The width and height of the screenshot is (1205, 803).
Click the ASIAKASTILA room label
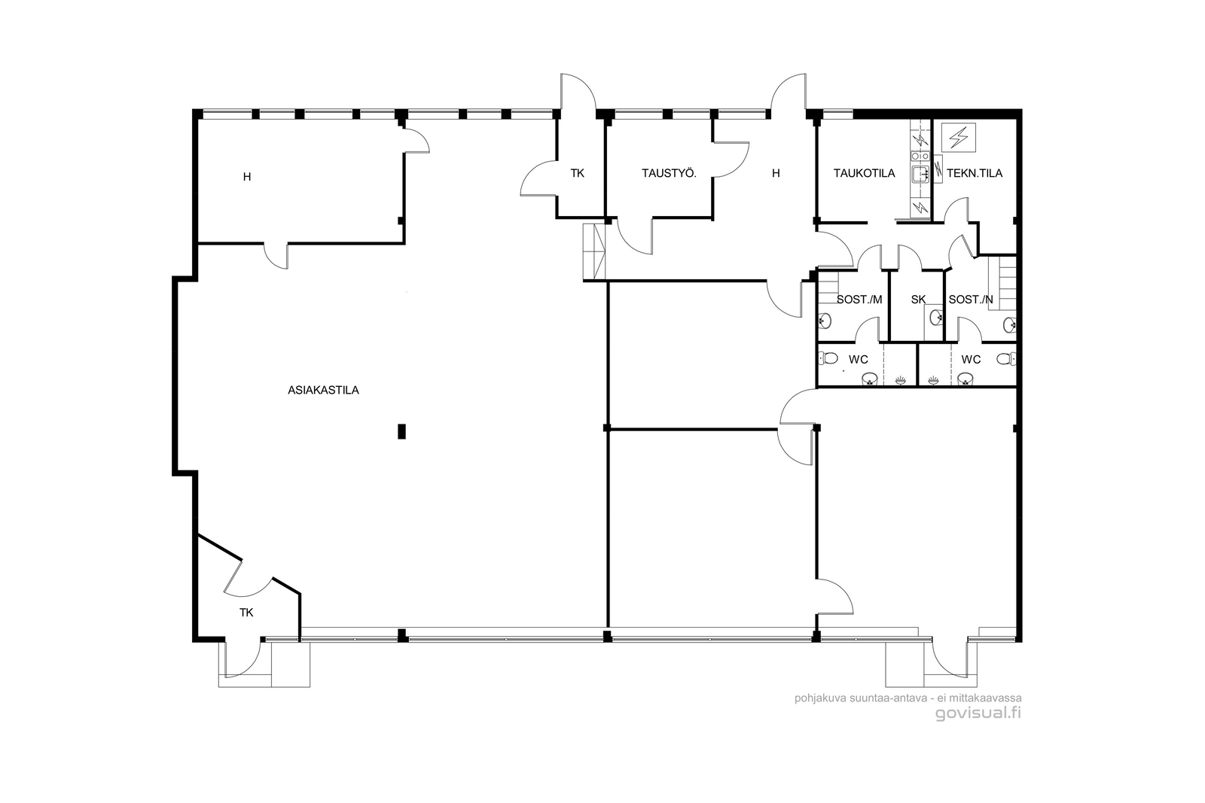(323, 391)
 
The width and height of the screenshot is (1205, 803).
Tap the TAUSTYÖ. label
(670, 173)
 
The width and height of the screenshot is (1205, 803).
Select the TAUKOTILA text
(865, 173)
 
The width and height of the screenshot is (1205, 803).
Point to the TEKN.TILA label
(975, 173)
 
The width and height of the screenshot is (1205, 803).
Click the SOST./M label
(859, 300)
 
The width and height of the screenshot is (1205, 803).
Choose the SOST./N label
(971, 300)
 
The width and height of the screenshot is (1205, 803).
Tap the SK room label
(918, 300)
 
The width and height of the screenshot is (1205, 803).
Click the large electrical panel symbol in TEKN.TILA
(959, 136)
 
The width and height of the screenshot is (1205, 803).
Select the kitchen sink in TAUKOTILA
(920, 174)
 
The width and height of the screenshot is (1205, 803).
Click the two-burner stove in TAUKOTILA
(920, 156)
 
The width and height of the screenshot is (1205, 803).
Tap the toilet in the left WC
(828, 358)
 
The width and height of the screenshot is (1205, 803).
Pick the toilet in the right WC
(1006, 358)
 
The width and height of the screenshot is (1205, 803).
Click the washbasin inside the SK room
(937, 318)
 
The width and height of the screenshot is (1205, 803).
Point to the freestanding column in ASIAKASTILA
(401, 431)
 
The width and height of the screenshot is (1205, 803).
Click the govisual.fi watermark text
(978, 713)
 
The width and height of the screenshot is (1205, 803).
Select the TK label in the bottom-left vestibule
(246, 613)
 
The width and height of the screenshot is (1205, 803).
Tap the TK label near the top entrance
(577, 173)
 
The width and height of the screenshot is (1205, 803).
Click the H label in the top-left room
(247, 177)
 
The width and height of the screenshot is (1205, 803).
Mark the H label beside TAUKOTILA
(776, 173)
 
